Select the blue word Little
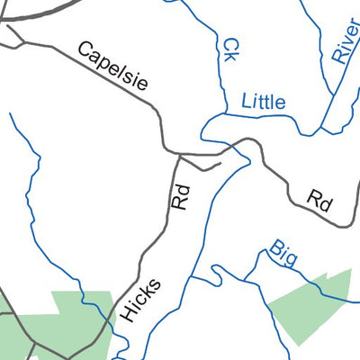click(x=263, y=102)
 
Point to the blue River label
click(x=343, y=40)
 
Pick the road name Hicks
click(x=140, y=301)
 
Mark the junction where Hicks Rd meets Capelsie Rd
click(x=179, y=155)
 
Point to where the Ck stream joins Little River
click(x=221, y=115)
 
